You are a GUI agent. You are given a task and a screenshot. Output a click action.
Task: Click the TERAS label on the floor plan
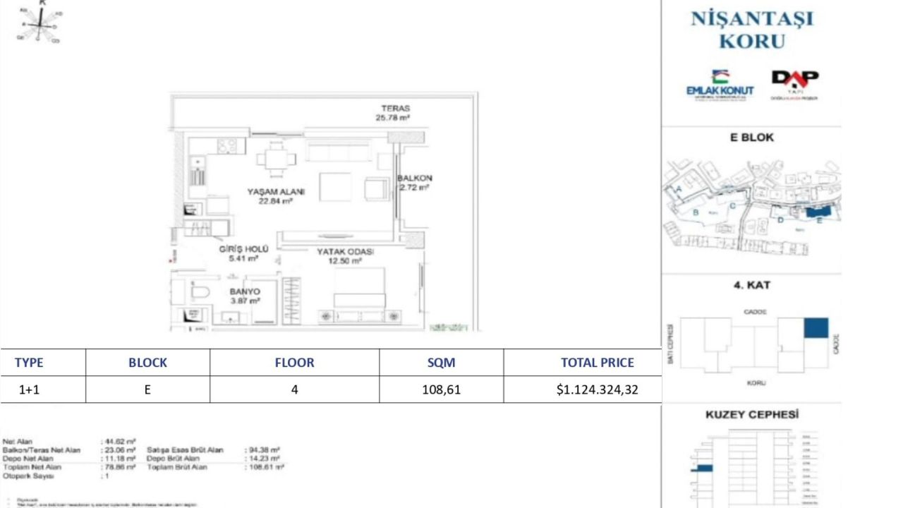point(395,109)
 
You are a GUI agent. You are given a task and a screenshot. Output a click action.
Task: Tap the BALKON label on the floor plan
point(414,179)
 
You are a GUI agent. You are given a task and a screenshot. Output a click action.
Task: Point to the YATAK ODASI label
point(345,252)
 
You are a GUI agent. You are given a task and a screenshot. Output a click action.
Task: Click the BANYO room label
point(245,291)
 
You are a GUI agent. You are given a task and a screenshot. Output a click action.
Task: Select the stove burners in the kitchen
point(226,146)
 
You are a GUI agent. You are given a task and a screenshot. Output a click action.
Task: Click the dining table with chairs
point(276,158)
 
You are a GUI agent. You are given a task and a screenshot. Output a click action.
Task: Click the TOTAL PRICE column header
point(597,363)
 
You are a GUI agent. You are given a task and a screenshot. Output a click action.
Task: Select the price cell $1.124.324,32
point(597,389)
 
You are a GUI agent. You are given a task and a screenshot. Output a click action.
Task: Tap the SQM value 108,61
point(441,389)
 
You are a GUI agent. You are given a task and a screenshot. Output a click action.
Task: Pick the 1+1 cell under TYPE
point(29,389)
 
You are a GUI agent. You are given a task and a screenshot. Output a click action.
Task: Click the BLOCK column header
point(147,363)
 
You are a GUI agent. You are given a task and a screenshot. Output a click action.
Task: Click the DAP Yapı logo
point(794,83)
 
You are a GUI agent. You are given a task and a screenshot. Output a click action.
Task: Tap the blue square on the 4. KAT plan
point(816,328)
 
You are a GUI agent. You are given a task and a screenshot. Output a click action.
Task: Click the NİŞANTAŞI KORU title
point(752,30)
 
